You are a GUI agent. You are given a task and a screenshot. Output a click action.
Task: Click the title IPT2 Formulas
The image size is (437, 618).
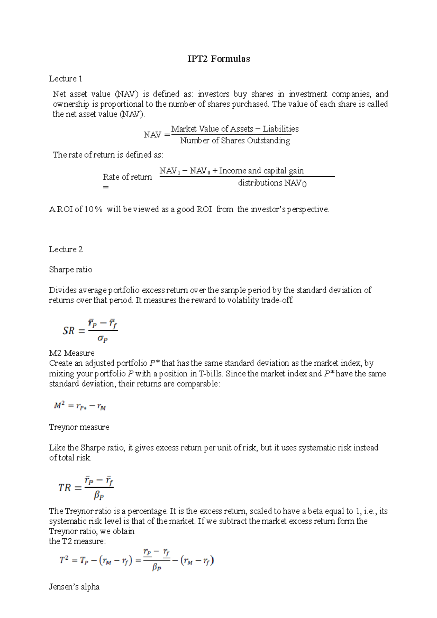point(219,59)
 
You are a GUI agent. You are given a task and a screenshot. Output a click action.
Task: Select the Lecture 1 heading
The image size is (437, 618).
point(66,79)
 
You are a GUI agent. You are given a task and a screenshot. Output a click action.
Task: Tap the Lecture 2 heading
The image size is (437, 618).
point(66,249)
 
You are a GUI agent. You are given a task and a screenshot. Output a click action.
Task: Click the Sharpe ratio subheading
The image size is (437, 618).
point(71,270)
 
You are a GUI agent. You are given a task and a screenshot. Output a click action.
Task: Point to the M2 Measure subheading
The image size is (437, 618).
point(72,353)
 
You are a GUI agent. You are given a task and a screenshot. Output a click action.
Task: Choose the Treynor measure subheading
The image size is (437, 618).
point(79,427)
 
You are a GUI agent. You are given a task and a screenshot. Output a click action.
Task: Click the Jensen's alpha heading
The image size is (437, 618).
point(74,587)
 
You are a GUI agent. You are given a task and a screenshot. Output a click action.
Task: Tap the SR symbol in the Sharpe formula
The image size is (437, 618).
point(68,331)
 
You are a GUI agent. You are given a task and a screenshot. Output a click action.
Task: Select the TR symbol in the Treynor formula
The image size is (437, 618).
point(64,488)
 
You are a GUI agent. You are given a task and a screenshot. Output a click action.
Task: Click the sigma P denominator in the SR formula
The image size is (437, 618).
point(103,339)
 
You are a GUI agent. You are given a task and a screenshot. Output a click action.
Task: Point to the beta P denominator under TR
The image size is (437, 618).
point(99,495)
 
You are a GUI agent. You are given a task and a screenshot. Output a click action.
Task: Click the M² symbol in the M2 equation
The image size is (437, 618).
point(59,406)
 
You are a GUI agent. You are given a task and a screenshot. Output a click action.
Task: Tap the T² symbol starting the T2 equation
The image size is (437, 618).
point(64,560)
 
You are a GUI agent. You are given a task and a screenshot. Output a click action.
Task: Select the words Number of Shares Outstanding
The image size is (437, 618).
point(235,141)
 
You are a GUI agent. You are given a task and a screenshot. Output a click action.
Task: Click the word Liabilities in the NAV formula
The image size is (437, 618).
point(280,129)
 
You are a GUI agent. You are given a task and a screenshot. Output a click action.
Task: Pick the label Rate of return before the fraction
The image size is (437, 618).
point(127,177)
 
